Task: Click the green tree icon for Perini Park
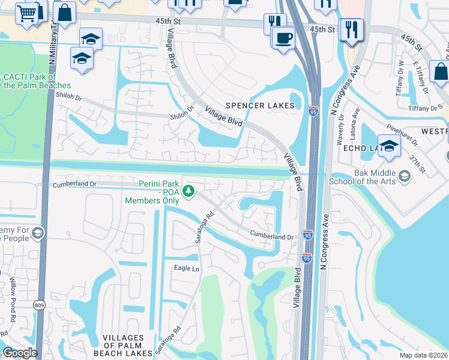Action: coord(189,191)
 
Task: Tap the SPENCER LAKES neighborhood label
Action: coord(260,106)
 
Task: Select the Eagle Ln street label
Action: coord(186,268)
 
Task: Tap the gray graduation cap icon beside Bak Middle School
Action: coord(405,176)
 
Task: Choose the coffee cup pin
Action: coord(283,37)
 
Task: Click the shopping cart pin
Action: coord(26,13)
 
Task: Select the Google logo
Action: coord(19,353)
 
